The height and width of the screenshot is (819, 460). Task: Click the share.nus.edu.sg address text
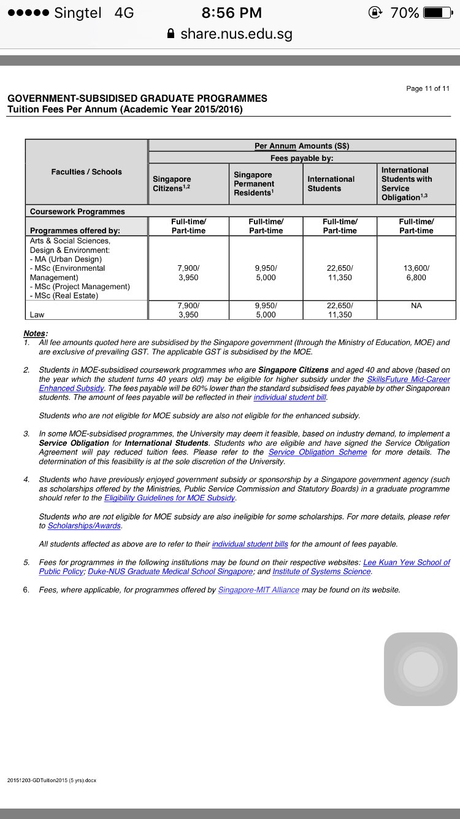236,34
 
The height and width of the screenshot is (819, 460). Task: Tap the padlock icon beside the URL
171,34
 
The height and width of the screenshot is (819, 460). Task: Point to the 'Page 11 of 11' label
427,88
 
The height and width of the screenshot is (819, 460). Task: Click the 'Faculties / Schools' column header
86,172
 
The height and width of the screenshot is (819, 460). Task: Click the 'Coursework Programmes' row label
77,211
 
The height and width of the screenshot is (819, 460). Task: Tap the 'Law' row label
37,314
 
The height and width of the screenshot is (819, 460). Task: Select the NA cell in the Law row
416,305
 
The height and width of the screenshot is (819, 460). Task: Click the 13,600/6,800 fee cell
416,273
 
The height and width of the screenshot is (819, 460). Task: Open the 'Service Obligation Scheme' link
318,452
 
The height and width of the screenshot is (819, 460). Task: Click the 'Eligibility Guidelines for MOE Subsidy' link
170,498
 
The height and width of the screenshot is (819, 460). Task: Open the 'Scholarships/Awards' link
85,526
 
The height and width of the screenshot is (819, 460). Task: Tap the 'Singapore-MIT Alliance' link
258,590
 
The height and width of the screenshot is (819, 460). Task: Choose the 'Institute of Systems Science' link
322,572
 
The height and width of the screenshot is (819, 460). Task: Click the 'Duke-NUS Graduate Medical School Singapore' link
171,572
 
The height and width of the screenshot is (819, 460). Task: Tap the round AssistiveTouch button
421,669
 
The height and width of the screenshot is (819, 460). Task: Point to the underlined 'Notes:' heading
35,333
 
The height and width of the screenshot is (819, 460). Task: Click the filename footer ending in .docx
52,780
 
